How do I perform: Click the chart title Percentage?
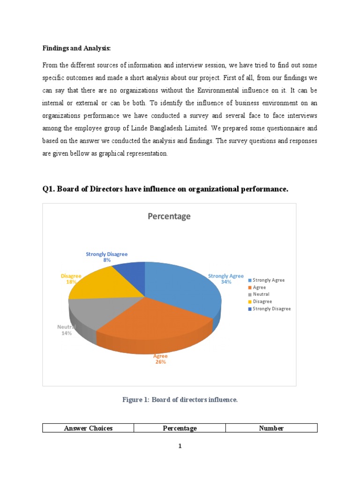tap(169, 217)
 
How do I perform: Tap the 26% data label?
tap(160, 362)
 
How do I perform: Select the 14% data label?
tap(66, 333)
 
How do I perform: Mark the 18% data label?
tap(71, 282)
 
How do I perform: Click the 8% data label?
tap(107, 260)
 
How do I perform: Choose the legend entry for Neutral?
tap(261, 294)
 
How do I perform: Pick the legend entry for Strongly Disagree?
tap(271, 309)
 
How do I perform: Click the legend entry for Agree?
tap(259, 287)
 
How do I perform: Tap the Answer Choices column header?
tap(88, 428)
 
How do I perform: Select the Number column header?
tap(271, 428)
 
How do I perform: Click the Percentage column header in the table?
tap(180, 428)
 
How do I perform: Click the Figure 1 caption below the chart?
tap(180, 399)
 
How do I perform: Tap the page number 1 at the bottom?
tap(180, 446)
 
